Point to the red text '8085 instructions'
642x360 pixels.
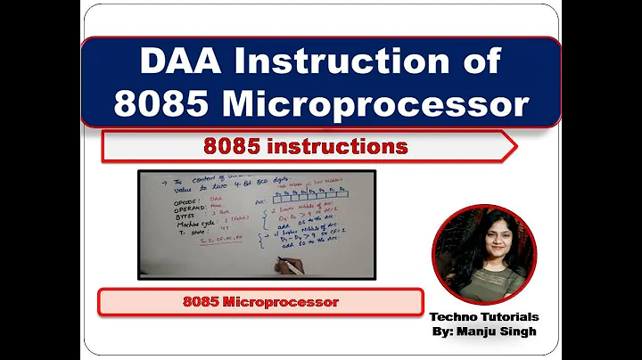306,145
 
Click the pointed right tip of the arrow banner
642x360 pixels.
514,146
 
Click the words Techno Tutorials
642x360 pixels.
484,317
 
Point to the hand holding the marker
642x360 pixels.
287,266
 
